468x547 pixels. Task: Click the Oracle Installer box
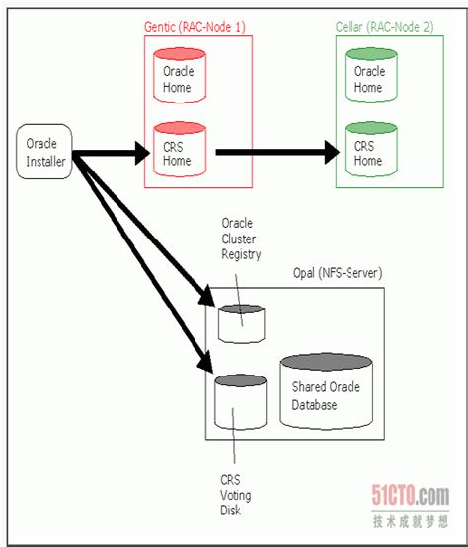44,152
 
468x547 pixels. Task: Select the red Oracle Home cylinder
180,75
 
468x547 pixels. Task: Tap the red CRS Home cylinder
180,149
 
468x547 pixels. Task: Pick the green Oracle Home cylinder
371,75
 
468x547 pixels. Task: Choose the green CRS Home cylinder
371,149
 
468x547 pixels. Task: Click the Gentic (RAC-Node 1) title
195,27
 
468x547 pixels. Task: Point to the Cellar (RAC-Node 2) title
384,27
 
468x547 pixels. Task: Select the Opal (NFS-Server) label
338,273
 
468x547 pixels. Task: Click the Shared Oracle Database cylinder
327,391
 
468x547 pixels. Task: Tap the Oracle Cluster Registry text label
241,239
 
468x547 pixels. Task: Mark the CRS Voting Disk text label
236,495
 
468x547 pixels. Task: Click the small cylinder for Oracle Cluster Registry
241,324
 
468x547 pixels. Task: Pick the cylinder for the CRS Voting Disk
241,402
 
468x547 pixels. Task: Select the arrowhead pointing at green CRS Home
332,152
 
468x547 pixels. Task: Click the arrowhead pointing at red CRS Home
142,153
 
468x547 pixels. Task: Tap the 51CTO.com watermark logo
411,495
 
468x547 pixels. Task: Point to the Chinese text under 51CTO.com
411,522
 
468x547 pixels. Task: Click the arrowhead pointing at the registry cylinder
206,297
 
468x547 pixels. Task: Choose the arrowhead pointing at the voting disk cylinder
204,362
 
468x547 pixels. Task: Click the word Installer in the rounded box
45,162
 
